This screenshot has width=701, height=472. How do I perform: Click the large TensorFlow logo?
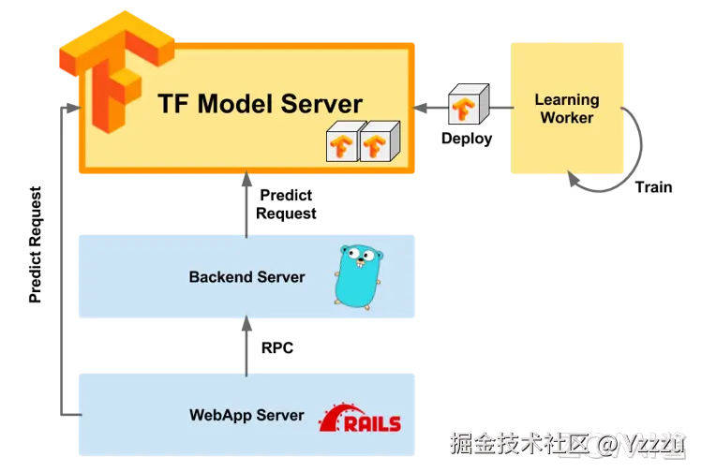coord(111,75)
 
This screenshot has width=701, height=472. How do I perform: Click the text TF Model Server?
coord(246,103)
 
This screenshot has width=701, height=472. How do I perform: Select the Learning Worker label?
coord(567,109)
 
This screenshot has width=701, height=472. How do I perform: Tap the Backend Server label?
coord(246,277)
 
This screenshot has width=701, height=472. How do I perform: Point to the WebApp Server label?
coord(246,416)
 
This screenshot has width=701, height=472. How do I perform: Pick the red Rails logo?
coord(361,420)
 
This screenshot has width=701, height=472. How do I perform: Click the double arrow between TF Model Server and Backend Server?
coord(247,203)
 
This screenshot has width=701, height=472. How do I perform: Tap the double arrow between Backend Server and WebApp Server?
coord(247,345)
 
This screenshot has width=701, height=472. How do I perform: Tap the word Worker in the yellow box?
coord(567,118)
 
